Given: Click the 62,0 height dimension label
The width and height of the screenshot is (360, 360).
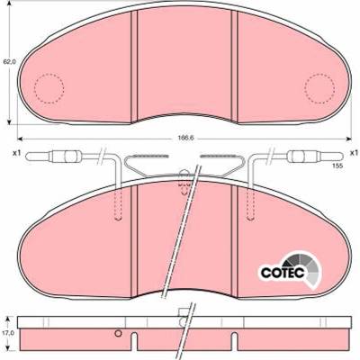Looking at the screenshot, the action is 9,62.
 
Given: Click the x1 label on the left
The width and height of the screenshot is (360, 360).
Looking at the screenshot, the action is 16,153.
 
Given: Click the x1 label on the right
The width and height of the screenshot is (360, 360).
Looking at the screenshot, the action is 355,153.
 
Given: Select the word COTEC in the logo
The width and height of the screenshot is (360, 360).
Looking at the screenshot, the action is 283,272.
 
